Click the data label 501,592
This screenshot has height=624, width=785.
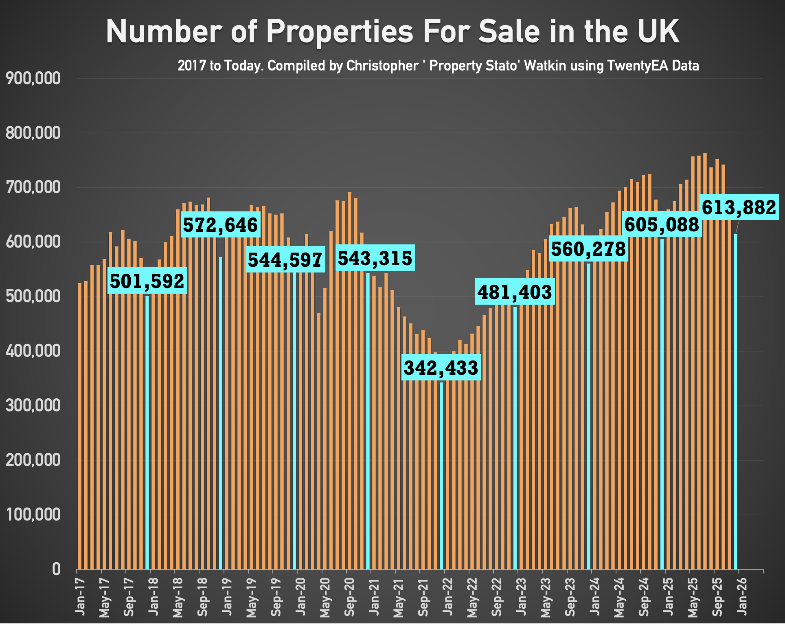(x=147, y=281)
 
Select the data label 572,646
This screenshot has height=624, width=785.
(x=220, y=224)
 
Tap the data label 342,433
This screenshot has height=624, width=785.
(x=441, y=368)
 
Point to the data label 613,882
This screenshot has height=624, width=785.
(x=739, y=207)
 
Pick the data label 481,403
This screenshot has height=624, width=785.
(x=515, y=292)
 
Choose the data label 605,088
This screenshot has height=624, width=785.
(x=662, y=224)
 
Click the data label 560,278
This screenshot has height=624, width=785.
(x=588, y=249)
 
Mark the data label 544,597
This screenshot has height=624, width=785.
(x=285, y=259)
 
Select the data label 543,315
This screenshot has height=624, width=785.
(x=375, y=258)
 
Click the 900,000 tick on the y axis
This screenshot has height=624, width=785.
(x=33, y=79)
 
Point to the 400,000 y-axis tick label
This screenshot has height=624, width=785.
(x=33, y=351)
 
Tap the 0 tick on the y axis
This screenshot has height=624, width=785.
(x=56, y=569)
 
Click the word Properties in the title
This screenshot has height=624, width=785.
(x=340, y=31)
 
